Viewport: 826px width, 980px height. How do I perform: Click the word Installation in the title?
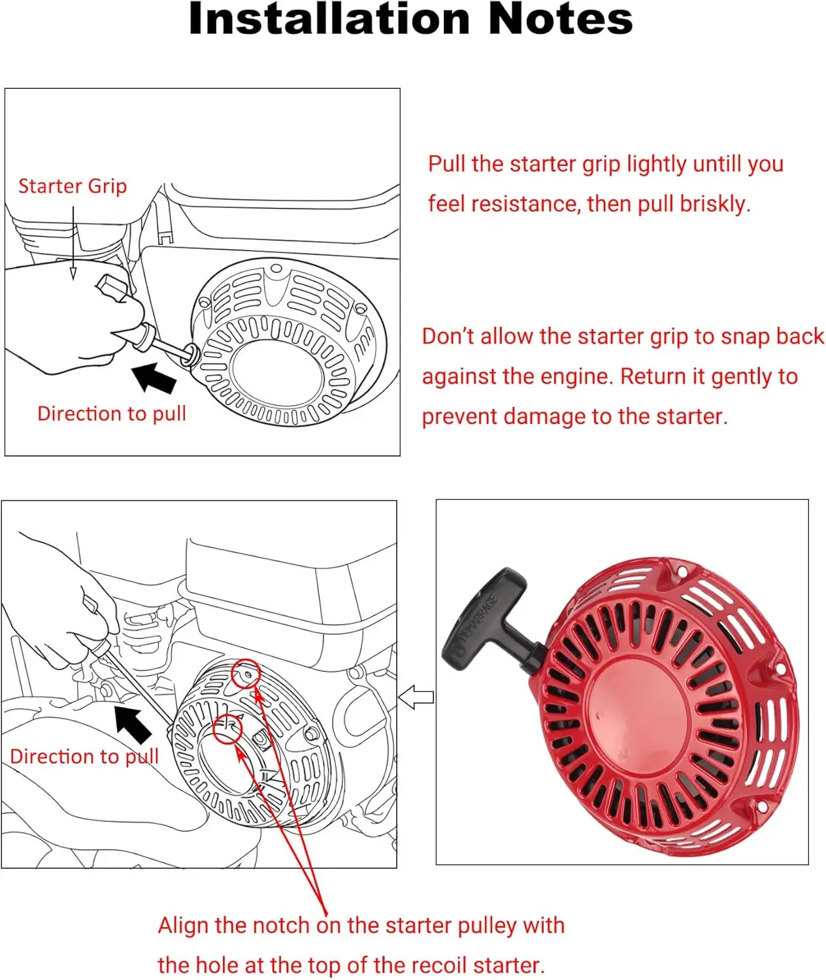point(329,19)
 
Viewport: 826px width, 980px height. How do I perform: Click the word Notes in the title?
point(560,19)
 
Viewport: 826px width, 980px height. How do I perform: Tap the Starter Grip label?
point(73,186)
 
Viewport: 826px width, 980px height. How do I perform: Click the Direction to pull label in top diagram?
point(112,414)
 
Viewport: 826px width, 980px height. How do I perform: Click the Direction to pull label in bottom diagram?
point(84,757)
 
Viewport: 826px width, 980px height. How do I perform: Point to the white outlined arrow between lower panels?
point(416,697)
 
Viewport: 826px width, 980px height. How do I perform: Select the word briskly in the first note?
point(715,204)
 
